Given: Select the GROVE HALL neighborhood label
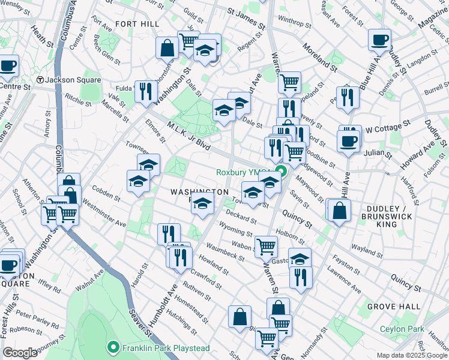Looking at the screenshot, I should pos(394,307).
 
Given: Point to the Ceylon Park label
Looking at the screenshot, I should pos(402,329).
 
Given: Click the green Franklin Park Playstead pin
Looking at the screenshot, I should pos(112,347).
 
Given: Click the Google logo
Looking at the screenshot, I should pos(20,353).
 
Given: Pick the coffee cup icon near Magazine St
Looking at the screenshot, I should pos(379,41).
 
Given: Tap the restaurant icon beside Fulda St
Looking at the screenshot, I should pos(146,92).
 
